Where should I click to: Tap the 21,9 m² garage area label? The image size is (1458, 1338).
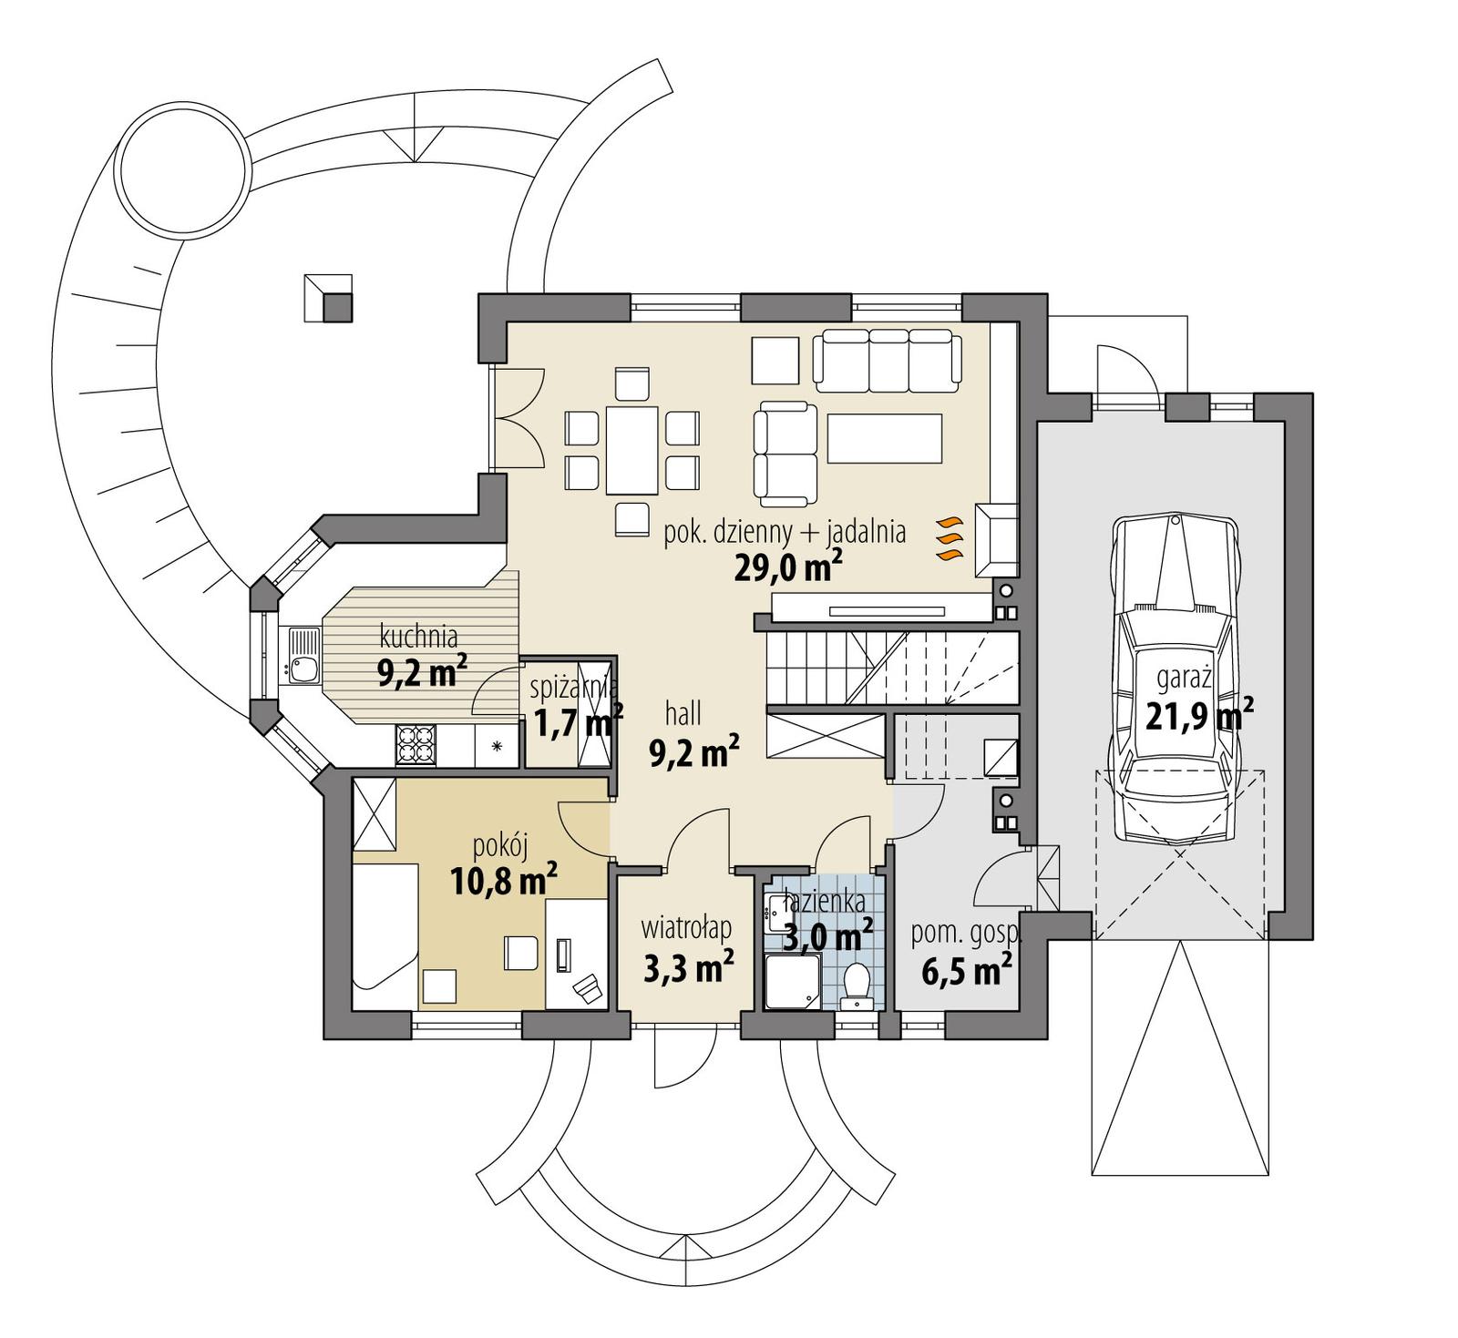(x=1198, y=716)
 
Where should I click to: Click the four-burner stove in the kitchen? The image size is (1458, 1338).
(x=416, y=744)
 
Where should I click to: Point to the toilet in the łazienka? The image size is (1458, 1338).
(x=857, y=983)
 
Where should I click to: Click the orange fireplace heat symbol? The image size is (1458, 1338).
(x=949, y=538)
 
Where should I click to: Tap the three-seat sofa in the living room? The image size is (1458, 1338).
(x=887, y=359)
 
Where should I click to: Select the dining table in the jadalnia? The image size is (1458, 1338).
(x=633, y=450)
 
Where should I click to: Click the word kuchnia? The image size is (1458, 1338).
(x=418, y=636)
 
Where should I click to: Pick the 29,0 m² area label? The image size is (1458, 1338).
(x=787, y=567)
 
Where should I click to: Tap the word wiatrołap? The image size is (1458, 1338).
(x=686, y=928)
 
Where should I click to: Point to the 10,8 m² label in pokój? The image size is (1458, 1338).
(x=503, y=880)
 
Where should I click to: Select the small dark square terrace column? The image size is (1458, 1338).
(x=338, y=308)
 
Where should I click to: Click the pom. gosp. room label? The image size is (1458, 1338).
(x=966, y=933)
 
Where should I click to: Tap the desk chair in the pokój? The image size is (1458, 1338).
(x=585, y=986)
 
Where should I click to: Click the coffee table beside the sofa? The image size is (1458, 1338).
(x=884, y=438)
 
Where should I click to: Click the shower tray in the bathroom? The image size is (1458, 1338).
(x=792, y=981)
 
